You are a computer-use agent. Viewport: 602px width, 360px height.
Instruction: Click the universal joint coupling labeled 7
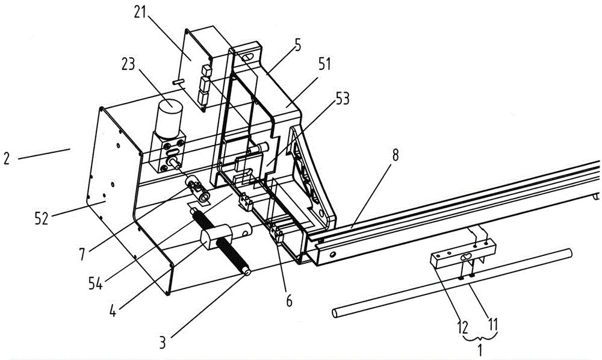coord(197,186)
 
